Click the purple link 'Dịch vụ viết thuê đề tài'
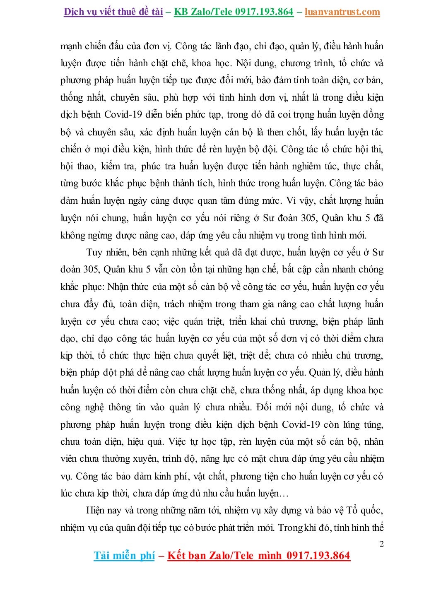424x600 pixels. [x=113, y=12]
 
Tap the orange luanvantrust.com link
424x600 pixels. [x=342, y=12]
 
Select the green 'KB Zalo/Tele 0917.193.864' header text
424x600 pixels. [x=234, y=12]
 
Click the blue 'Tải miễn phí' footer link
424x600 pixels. [x=124, y=555]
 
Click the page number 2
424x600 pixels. [x=382, y=544]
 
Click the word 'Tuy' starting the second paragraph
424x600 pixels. [x=94, y=253]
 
